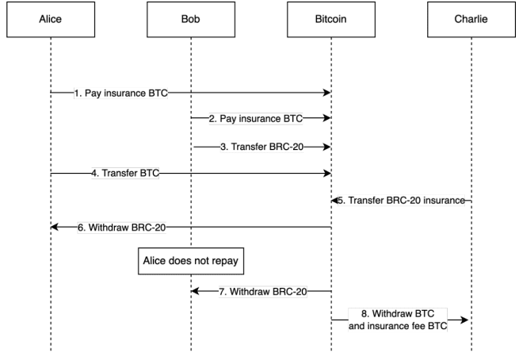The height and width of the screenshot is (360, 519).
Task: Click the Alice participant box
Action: coord(50,21)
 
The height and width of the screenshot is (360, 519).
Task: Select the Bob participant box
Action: coord(190,21)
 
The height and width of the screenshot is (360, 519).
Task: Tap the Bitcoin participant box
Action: coord(331,21)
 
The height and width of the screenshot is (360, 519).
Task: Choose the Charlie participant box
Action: coord(471,21)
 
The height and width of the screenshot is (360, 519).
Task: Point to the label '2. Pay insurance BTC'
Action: coord(256,120)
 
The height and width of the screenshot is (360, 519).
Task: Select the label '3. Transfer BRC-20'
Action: coord(261,147)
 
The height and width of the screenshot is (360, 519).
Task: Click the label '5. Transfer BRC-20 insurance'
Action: coord(403,201)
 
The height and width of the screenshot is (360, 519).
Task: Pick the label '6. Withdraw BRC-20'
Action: coord(121,228)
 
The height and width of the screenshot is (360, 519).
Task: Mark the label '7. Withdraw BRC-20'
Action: coord(262,291)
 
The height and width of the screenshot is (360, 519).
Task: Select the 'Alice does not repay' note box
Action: coord(190,259)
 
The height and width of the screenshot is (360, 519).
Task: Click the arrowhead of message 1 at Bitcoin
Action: coord(327,93)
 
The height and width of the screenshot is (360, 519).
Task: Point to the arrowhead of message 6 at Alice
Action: coord(55,228)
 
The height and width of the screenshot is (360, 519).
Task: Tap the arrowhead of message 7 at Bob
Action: coord(195,291)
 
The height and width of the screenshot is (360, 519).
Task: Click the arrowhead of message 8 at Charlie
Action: coord(467,319)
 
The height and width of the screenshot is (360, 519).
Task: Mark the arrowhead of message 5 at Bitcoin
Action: coord(335,201)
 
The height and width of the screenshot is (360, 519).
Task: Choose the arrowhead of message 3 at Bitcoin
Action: coord(327,147)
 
